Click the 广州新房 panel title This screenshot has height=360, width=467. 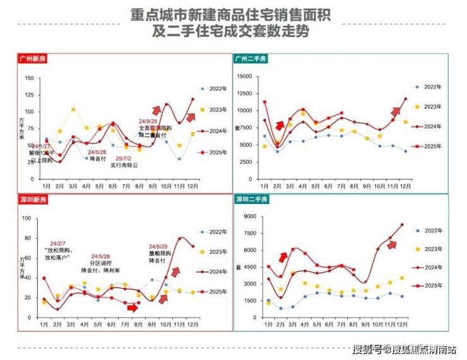coord(32,59)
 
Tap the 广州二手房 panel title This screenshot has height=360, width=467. coord(251,59)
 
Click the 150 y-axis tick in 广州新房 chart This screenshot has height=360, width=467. coord(29,78)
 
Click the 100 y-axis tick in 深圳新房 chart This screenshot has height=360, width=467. coord(27,219)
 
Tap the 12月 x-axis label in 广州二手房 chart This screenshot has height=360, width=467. coord(405,187)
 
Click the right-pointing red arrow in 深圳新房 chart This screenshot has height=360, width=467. coord(132,308)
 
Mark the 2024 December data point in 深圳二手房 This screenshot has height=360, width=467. coord(401,225)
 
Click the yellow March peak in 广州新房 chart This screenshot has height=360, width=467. coord(73,109)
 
